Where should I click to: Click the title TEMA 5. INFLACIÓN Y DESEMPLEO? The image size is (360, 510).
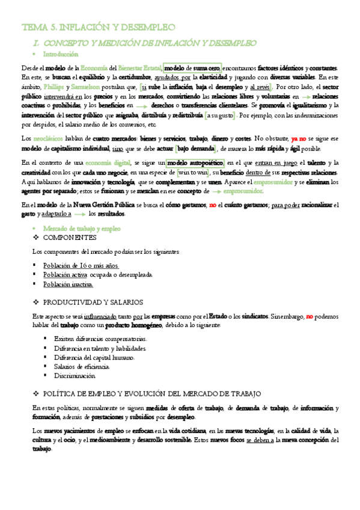point(98,28)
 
